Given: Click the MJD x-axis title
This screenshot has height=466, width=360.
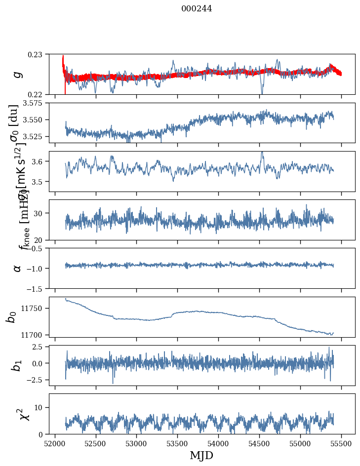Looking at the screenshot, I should (201, 455).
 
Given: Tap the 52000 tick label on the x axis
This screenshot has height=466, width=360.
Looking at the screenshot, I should (55, 443).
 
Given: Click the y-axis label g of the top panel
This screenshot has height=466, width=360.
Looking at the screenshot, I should (18, 74).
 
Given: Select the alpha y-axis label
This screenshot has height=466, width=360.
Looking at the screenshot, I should (18, 268).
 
